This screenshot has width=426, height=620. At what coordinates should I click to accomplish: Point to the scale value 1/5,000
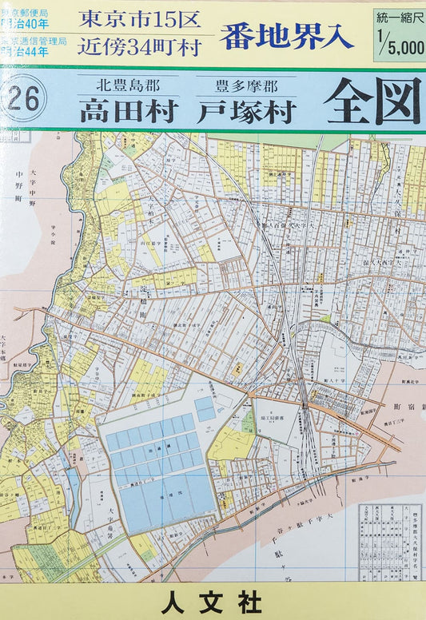400,46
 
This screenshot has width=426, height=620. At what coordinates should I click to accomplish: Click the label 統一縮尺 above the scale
398,17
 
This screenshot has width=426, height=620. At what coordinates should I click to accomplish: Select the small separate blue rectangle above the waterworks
205,408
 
